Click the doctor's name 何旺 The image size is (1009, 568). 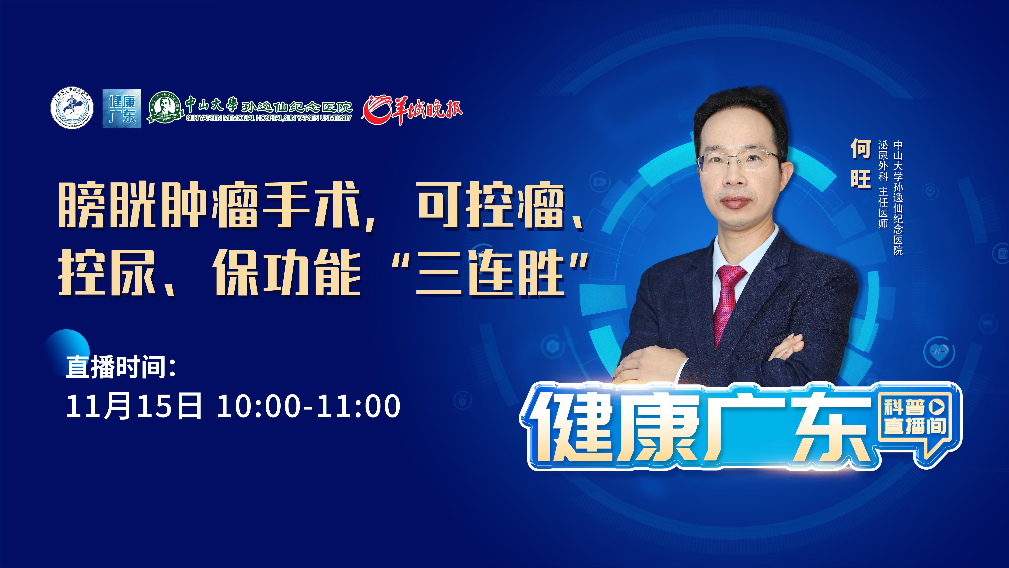860,163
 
